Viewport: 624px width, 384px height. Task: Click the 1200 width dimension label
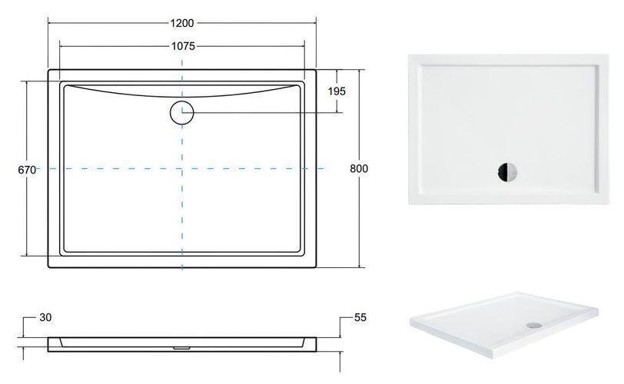point(182,23)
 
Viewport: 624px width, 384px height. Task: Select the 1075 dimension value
point(183,46)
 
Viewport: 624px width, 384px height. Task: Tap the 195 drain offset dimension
point(337,91)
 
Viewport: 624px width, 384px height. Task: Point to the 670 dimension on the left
point(27,170)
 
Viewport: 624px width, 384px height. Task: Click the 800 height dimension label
point(359,168)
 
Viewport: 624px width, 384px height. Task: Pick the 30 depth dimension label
point(46,317)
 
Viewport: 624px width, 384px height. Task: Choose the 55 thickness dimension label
point(360,317)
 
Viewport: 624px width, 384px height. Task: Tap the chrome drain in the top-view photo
point(507,173)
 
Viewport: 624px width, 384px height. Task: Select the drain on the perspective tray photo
point(533,325)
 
